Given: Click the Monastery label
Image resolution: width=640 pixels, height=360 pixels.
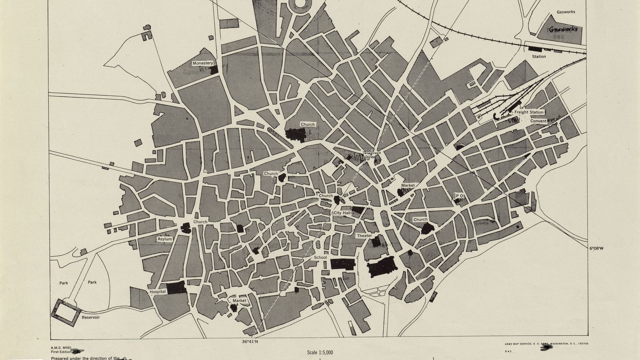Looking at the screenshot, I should [203, 63].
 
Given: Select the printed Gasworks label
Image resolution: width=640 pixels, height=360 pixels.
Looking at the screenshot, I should [566, 12].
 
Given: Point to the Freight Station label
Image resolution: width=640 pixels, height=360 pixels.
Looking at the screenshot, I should [529, 112].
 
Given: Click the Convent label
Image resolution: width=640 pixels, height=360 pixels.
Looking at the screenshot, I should [538, 121].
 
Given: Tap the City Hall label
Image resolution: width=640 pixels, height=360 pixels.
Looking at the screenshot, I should [342, 213].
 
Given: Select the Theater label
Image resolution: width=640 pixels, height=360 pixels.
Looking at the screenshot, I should [364, 236].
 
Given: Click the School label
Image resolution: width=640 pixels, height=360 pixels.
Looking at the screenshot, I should [320, 258].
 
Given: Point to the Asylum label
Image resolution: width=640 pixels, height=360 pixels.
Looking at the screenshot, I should [164, 239].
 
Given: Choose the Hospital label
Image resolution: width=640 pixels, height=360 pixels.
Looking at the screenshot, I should [158, 292].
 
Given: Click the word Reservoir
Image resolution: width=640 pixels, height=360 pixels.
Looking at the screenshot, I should [91, 317].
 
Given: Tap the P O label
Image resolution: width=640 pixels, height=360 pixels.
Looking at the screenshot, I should [459, 196].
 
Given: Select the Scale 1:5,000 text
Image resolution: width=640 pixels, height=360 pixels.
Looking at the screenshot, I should [320, 352].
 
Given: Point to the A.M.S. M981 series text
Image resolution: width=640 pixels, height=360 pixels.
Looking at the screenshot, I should [61, 348].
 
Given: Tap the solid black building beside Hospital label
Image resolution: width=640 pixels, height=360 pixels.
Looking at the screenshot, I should [176, 288].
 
